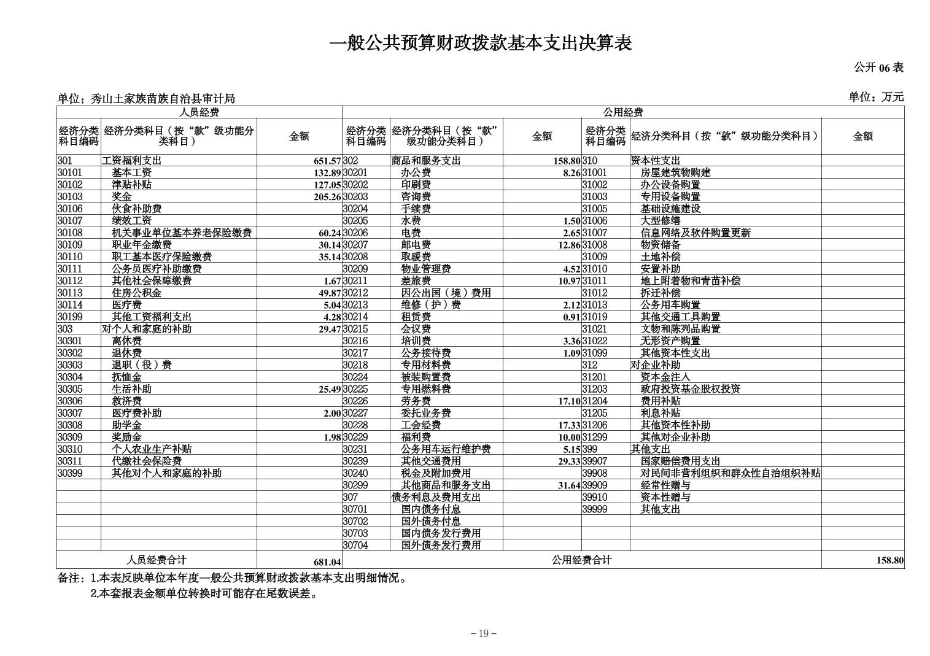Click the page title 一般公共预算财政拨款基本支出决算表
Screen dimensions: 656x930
pyautogui.click(x=481, y=44)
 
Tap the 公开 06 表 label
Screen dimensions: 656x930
pyautogui.click(x=878, y=68)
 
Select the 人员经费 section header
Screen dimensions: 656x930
pyautogui.click(x=199, y=112)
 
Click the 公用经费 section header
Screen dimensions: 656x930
pyautogui.click(x=622, y=112)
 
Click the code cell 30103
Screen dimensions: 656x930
pyautogui.click(x=70, y=197)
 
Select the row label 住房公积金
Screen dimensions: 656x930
pyautogui.click(x=136, y=293)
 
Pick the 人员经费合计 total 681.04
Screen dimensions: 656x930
pyautogui.click(x=327, y=562)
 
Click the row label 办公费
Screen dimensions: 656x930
pyautogui.click(x=416, y=173)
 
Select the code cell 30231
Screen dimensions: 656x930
pyautogui.click(x=355, y=449)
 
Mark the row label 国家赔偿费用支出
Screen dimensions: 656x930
pyautogui.click(x=680, y=461)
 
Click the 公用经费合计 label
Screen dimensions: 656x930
pyautogui.click(x=581, y=560)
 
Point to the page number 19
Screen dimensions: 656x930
pyautogui.click(x=483, y=634)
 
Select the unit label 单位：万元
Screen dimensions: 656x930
pyautogui.click(x=876, y=97)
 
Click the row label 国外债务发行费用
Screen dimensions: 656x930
pyautogui.click(x=441, y=546)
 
